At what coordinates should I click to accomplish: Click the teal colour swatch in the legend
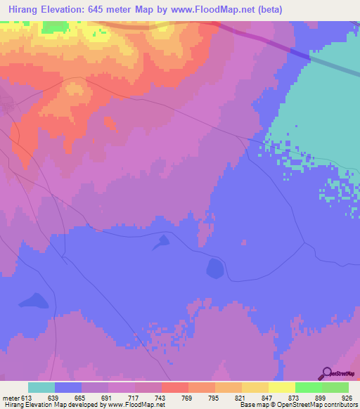click(41, 387)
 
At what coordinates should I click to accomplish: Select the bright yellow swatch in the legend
click(282, 387)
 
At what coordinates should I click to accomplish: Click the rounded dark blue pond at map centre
click(214, 268)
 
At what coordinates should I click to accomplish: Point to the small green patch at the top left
click(51, 27)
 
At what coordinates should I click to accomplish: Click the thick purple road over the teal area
click(299, 54)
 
